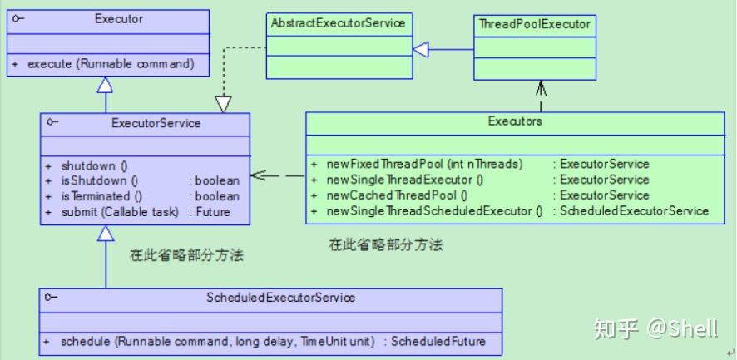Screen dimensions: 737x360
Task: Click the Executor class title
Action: coord(119,19)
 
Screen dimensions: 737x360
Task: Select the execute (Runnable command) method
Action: coord(111,63)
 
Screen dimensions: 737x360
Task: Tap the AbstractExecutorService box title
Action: coord(338,23)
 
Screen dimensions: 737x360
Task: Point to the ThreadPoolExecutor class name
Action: coord(534,24)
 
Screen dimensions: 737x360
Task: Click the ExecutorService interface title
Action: coord(156,123)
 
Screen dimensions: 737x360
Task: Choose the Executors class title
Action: coord(515,121)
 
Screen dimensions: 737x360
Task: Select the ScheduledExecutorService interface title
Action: coord(280,298)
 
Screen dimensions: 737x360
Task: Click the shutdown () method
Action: coord(95,166)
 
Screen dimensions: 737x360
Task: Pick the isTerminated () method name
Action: coord(101,196)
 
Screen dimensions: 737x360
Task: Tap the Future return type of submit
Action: coord(214,212)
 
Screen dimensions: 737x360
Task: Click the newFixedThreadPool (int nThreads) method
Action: coord(424,165)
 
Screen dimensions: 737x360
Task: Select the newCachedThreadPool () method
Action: coord(397,195)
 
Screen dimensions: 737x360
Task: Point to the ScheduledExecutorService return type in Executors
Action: coord(634,210)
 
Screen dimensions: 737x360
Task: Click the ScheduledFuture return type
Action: coord(438,341)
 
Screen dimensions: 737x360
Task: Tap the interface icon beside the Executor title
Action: coord(17,19)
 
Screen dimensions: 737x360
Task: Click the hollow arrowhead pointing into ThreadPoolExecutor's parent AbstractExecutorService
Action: coord(421,49)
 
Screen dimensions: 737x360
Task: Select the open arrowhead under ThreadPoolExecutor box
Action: coord(541,88)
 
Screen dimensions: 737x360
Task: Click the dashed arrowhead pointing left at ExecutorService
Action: coord(259,175)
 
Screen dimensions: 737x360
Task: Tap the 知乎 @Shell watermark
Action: coord(656,328)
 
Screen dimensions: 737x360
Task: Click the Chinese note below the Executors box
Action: coord(386,245)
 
